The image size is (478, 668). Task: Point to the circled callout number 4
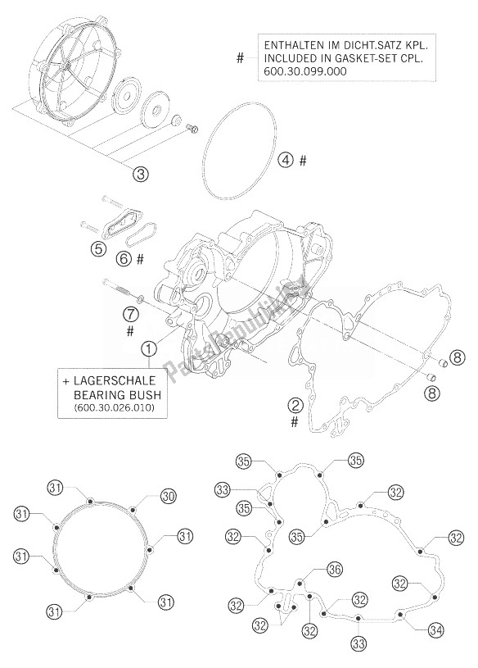click(x=284, y=161)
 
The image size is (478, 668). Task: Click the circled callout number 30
click(x=168, y=496)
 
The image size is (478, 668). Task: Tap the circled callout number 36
click(x=334, y=570)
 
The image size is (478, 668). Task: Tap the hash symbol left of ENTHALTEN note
click(x=241, y=58)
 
